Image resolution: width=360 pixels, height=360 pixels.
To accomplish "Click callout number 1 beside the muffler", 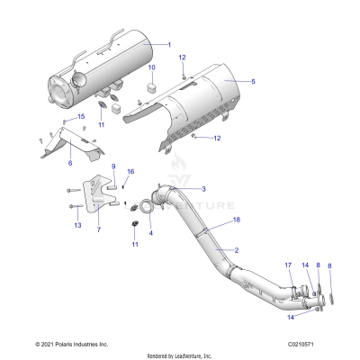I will click(x=167, y=44).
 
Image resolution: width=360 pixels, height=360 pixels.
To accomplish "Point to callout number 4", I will click(x=150, y=233).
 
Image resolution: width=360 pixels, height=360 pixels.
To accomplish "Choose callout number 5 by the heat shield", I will click(x=253, y=82).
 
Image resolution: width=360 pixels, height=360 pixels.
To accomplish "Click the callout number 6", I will click(x=70, y=163).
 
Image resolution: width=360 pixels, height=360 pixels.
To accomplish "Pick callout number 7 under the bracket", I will click(x=99, y=230).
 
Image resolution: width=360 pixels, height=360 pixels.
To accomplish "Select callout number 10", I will click(x=151, y=68).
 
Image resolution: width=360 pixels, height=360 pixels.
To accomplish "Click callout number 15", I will click(x=80, y=117).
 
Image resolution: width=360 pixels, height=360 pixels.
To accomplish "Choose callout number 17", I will click(x=288, y=265).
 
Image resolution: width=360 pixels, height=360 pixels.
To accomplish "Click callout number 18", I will click(x=237, y=220).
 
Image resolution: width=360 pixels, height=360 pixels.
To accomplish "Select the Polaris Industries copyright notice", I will click(x=71, y=344).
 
